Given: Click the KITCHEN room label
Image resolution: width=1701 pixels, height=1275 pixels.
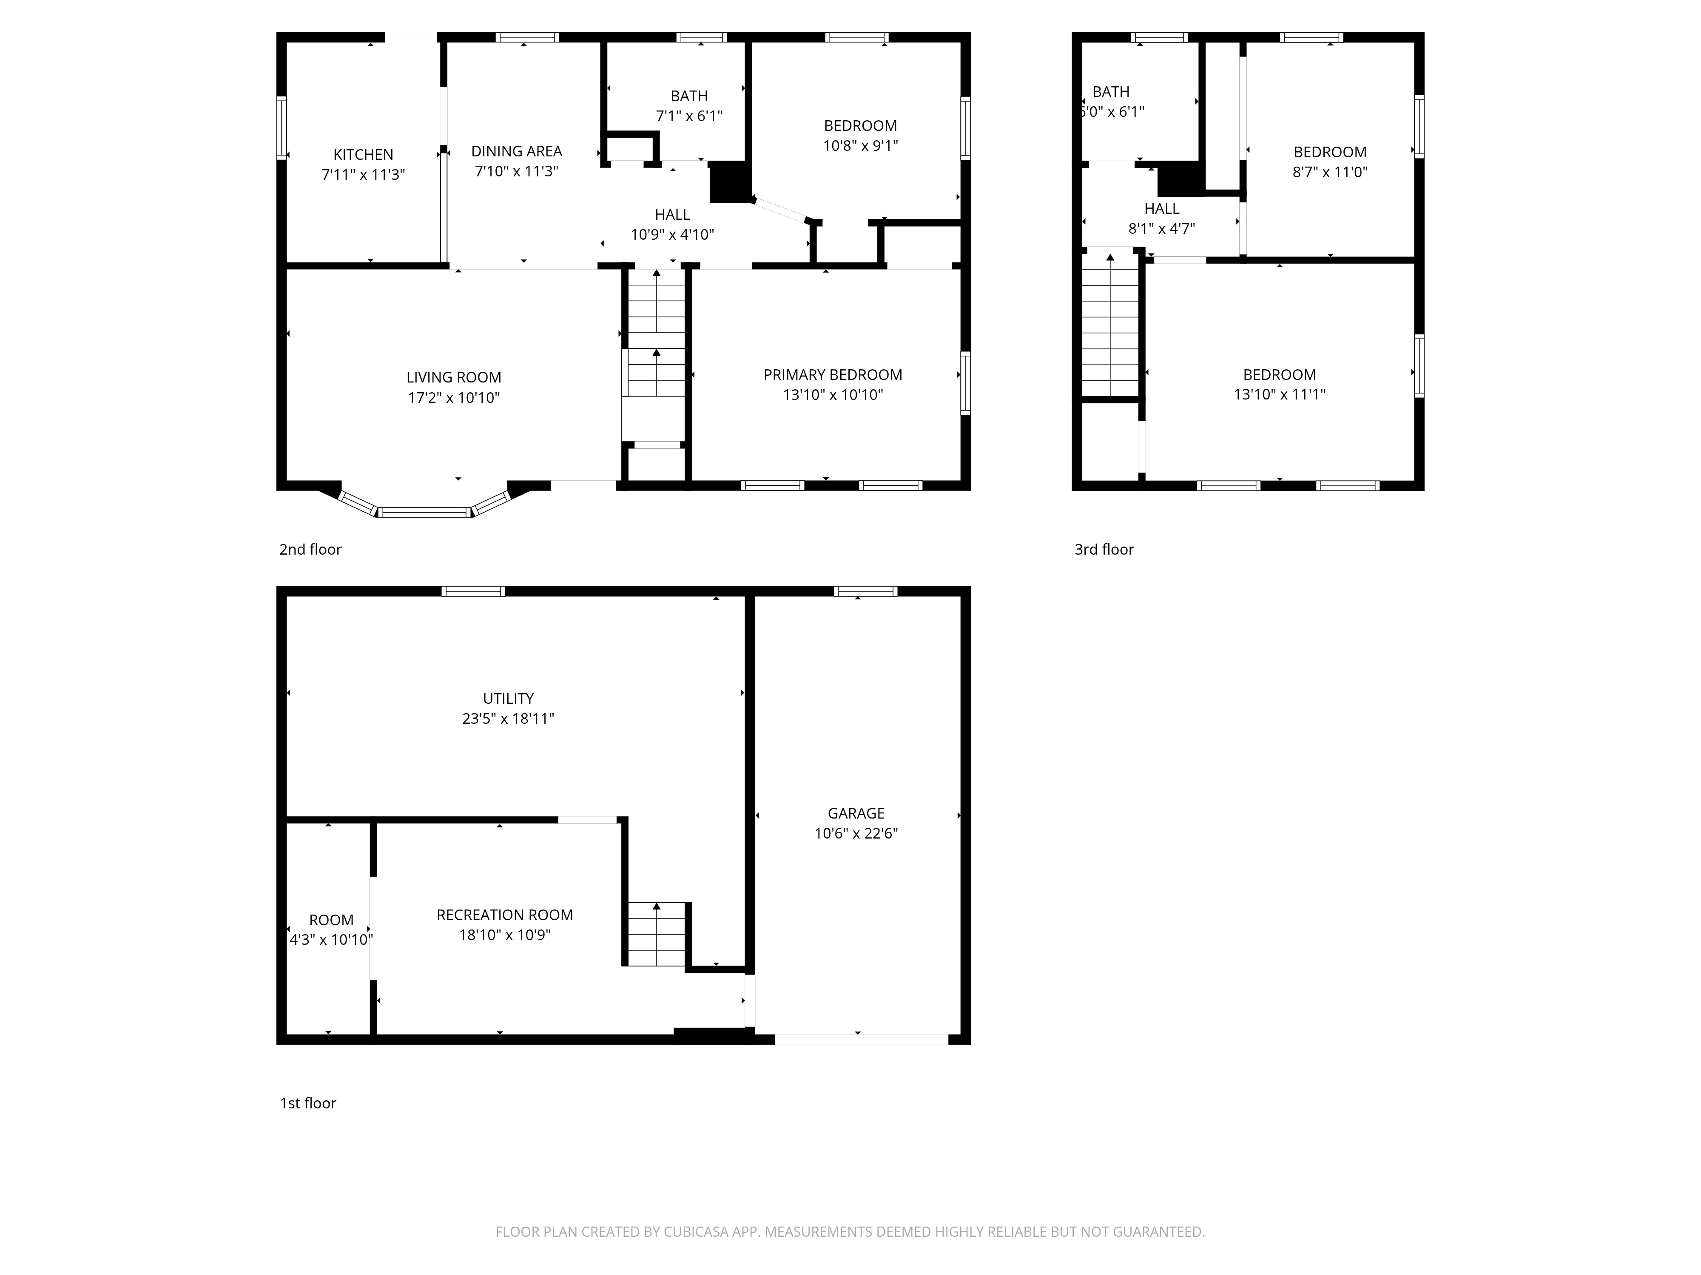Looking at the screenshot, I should (x=363, y=154).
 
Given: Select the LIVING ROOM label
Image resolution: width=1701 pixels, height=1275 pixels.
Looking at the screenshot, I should (x=454, y=377).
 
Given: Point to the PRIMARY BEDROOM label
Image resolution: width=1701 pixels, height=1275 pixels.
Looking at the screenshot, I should (x=833, y=375).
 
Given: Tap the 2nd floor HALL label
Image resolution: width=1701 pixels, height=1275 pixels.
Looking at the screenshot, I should (x=672, y=215).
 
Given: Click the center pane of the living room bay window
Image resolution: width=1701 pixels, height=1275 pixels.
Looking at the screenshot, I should (x=424, y=512).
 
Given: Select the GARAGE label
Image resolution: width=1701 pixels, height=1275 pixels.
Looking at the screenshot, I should (x=856, y=813).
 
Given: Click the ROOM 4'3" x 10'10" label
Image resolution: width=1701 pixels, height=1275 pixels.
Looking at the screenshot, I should (x=331, y=929).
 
